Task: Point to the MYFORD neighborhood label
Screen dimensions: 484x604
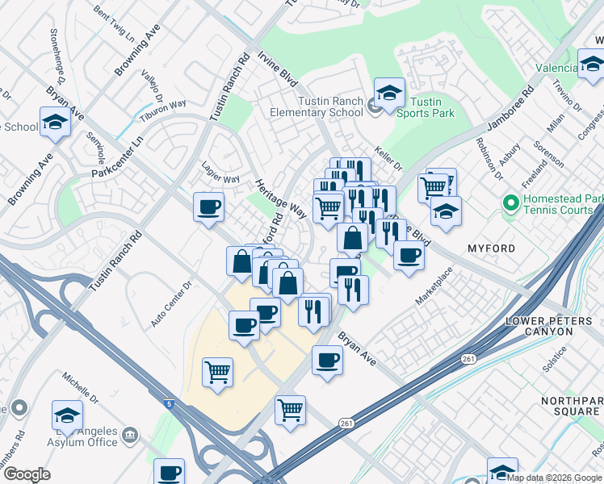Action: [491, 248]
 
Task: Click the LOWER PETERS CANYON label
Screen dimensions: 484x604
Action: [553, 328]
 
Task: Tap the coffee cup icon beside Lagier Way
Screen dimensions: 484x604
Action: [208, 207]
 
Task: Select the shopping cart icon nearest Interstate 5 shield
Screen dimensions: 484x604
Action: [217, 373]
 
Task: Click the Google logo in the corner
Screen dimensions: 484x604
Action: [27, 474]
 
